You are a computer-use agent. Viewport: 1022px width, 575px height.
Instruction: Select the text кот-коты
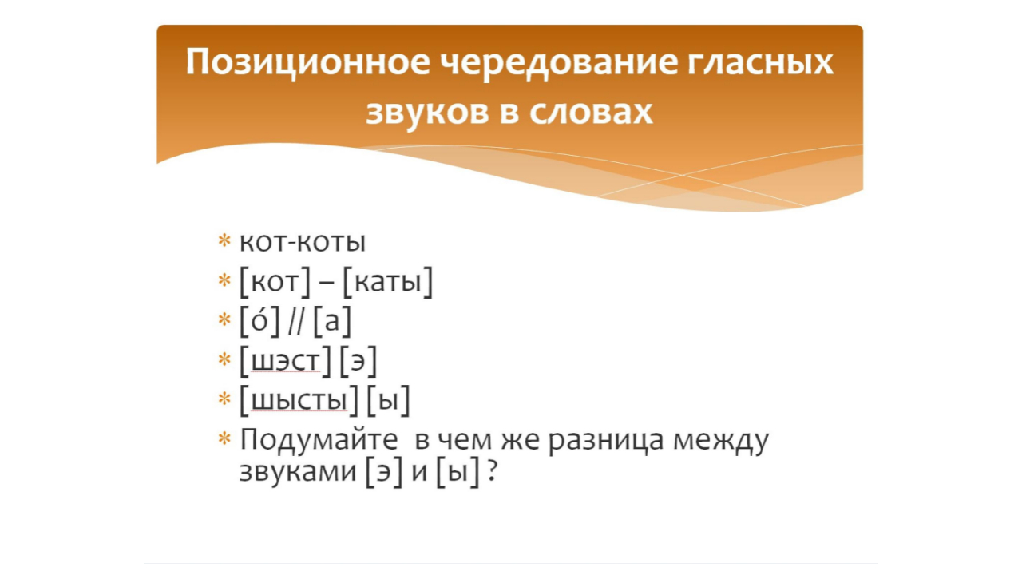pos(303,242)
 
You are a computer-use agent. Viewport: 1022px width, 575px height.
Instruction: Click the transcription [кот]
pos(275,282)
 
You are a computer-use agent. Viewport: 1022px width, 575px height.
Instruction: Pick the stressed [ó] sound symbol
pos(260,321)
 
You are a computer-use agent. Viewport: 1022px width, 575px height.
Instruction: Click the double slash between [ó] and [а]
pos(297,321)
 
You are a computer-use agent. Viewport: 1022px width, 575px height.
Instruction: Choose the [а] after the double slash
pos(332,322)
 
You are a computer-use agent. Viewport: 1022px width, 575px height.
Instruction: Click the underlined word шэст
pos(285,362)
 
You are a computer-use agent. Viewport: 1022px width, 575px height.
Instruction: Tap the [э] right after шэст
pos(358,363)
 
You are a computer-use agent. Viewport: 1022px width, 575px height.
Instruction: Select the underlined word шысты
pos(299,401)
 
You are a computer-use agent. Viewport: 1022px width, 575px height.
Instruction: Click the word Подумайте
pos(319,442)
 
